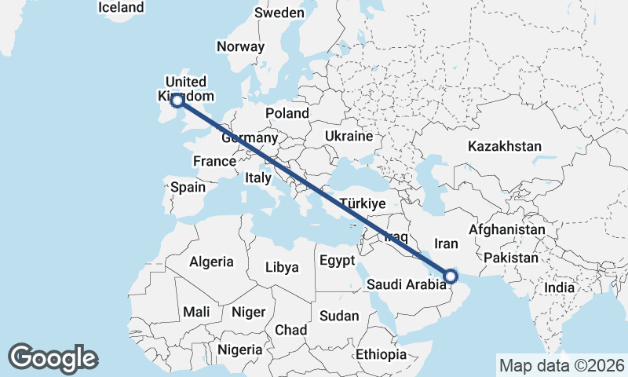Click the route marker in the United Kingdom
pyautogui.click(x=177, y=100)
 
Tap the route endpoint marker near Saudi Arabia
pyautogui.click(x=451, y=275)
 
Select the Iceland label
pyautogui.click(x=122, y=7)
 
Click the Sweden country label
pyautogui.click(x=279, y=13)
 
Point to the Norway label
pyautogui.click(x=240, y=46)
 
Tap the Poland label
pyautogui.click(x=287, y=113)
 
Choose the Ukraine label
pyautogui.click(x=349, y=136)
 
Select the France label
pyautogui.click(x=214, y=161)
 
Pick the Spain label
pyautogui.click(x=188, y=187)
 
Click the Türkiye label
pyautogui.click(x=361, y=203)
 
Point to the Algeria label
pyautogui.click(x=211, y=262)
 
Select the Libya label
pyautogui.click(x=282, y=267)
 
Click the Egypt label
pyautogui.click(x=338, y=260)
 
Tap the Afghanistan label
pyautogui.click(x=506, y=229)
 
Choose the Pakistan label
pyautogui.click(x=511, y=258)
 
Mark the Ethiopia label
pyautogui.click(x=381, y=354)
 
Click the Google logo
pyautogui.click(x=53, y=357)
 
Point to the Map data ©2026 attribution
pyautogui.click(x=562, y=365)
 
